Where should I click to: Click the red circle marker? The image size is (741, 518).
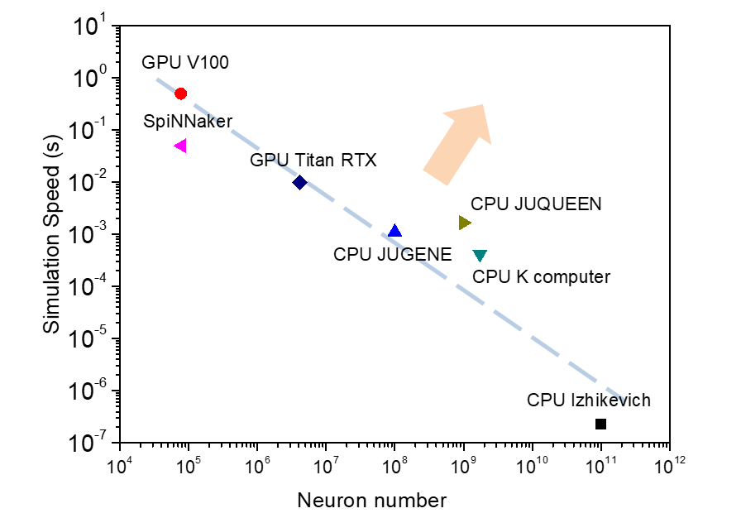pyautogui.click(x=180, y=94)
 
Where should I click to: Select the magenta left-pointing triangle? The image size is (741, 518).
pyautogui.click(x=180, y=146)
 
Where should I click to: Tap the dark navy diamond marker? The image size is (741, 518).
pyautogui.click(x=300, y=182)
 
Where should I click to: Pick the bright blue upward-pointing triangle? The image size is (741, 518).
pyautogui.click(x=395, y=230)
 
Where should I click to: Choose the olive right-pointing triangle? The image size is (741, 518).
pyautogui.click(x=465, y=223)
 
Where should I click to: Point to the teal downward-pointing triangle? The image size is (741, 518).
pyautogui.click(x=480, y=256)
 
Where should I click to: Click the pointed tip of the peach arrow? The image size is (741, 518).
pyautogui.click(x=483, y=104)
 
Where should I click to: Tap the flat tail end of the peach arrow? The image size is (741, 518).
pyautogui.click(x=435, y=178)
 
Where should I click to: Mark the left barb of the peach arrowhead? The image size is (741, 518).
pyautogui.click(x=443, y=113)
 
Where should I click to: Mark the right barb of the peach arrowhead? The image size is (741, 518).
pyautogui.click(x=491, y=144)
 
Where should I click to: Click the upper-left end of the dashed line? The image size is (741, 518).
pyautogui.click(x=157, y=79)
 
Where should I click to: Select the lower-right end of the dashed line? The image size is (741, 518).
pyautogui.click(x=624, y=401)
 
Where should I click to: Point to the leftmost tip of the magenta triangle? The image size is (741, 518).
pyautogui.click(x=174, y=146)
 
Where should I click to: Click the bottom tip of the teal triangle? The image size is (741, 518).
pyautogui.click(x=480, y=262)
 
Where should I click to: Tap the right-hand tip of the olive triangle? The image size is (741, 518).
pyautogui.click(x=472, y=223)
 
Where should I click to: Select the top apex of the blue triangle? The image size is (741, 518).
pyautogui.click(x=395, y=223)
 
